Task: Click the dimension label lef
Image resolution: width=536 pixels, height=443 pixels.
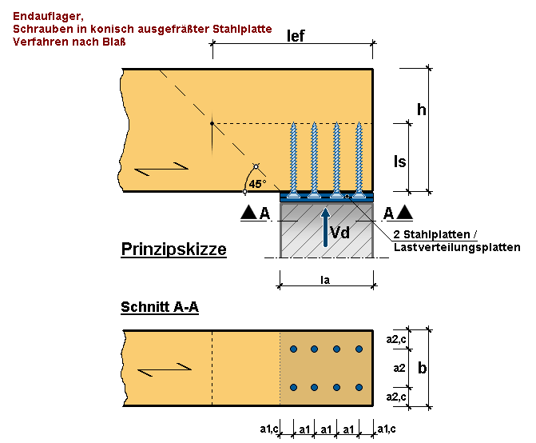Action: click(x=296, y=36)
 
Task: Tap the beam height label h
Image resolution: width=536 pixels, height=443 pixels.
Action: click(x=445, y=109)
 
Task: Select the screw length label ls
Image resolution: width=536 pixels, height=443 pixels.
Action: click(x=401, y=161)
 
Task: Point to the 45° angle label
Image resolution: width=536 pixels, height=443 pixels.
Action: click(x=257, y=184)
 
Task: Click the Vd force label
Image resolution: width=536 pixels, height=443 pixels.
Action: click(x=340, y=233)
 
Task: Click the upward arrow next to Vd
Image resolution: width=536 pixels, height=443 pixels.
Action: click(x=325, y=226)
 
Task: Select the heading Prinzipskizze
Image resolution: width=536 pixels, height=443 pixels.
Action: click(x=173, y=249)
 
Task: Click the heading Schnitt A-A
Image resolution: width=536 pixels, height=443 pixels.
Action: click(x=160, y=307)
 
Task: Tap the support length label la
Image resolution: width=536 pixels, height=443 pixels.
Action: click(x=326, y=281)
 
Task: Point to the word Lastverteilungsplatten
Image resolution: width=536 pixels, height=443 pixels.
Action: click(x=457, y=248)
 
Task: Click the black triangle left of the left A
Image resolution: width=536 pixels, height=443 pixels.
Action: click(x=248, y=214)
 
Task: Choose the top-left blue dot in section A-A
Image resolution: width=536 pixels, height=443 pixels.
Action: click(x=294, y=349)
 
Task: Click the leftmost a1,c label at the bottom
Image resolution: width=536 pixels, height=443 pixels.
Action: click(x=268, y=429)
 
